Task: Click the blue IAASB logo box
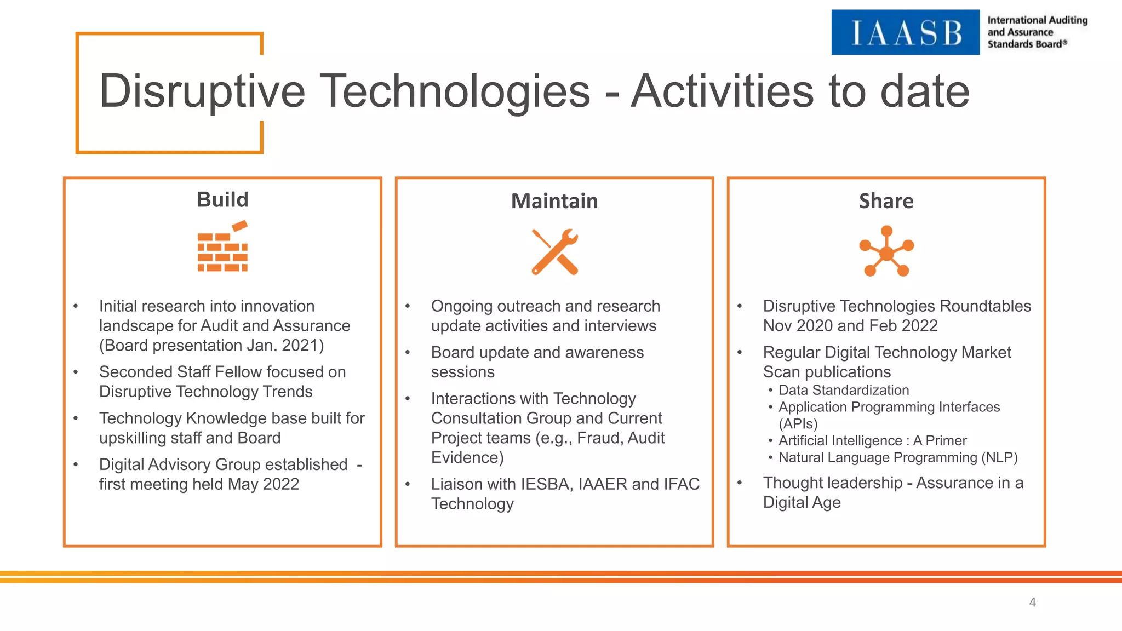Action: pos(905,32)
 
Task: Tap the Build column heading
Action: pos(222,200)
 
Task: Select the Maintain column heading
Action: pos(554,201)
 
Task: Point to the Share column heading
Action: pos(886,201)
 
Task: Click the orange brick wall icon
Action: pos(222,248)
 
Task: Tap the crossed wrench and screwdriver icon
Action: pos(554,252)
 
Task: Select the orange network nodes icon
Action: pos(886,251)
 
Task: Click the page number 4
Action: pos(1032,603)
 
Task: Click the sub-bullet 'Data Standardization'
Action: pos(844,391)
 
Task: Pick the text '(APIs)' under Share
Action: pos(798,424)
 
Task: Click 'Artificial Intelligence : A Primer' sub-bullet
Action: pos(872,441)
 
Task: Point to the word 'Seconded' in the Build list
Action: pos(135,372)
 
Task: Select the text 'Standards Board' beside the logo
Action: pos(1024,44)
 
